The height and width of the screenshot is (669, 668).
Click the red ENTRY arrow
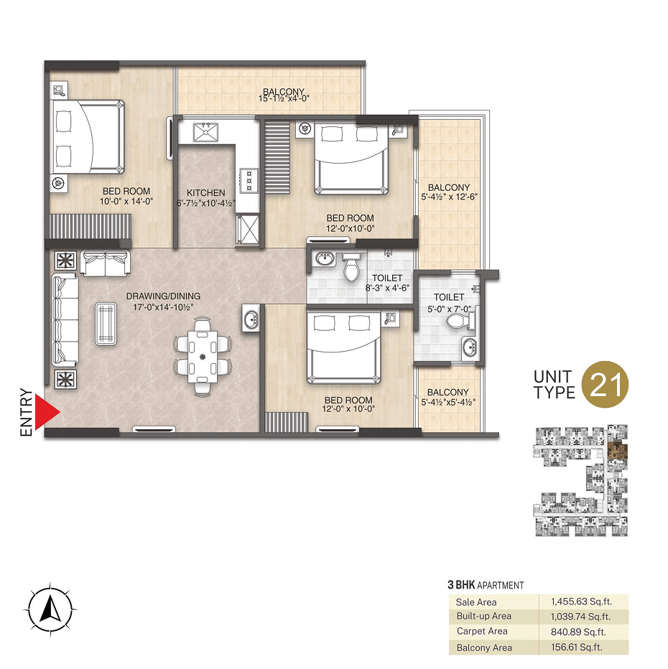pos(46,412)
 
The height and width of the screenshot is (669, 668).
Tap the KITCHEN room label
pos(205,193)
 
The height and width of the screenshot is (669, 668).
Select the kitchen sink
pos(205,132)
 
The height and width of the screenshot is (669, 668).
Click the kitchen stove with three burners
pos(249,180)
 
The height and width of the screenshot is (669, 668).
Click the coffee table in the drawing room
pos(106,324)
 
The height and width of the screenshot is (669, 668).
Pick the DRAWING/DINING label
pos(163,296)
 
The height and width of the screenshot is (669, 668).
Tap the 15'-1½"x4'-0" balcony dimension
pos(284,98)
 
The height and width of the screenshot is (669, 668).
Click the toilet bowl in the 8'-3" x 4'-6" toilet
pos(351,268)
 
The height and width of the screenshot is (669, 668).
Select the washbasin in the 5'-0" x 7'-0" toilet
pos(470,347)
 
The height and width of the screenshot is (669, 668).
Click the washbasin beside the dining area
pos(251,318)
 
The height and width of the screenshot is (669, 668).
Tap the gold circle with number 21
pos(606,384)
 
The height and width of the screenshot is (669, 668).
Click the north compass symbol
pos(50,609)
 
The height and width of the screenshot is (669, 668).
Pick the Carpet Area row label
pos(482,631)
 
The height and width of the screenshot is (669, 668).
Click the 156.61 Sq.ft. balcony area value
pos(577,647)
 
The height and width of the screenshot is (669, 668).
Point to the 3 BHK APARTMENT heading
pos(486,585)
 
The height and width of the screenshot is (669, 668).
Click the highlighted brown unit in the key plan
pos(617,451)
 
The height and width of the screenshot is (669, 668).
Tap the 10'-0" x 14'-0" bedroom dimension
pos(126,202)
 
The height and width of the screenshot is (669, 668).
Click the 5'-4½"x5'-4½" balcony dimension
pos(448,402)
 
